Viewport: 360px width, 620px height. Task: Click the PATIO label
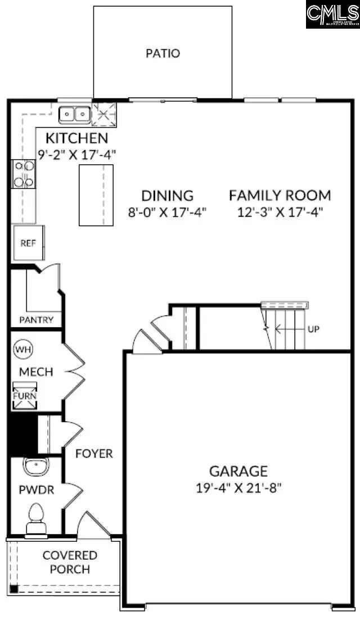(163, 53)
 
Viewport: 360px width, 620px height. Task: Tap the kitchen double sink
(75, 115)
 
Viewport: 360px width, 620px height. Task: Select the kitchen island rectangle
(96, 194)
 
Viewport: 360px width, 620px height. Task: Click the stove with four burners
(24, 174)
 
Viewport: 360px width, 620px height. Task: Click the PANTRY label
(36, 320)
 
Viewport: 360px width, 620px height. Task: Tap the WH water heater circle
(22, 349)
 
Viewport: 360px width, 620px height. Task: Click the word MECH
(36, 372)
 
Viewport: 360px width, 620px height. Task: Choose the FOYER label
(94, 453)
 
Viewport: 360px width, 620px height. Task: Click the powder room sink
(36, 466)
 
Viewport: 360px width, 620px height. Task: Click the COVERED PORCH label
(70, 562)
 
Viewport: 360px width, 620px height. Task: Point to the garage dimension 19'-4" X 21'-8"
(238, 487)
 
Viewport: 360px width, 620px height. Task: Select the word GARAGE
(238, 471)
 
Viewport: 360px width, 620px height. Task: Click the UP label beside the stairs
(313, 329)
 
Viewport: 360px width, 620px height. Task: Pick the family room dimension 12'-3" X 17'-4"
(280, 211)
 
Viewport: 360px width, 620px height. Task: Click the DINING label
(167, 196)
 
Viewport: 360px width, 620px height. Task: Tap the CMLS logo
(332, 14)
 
